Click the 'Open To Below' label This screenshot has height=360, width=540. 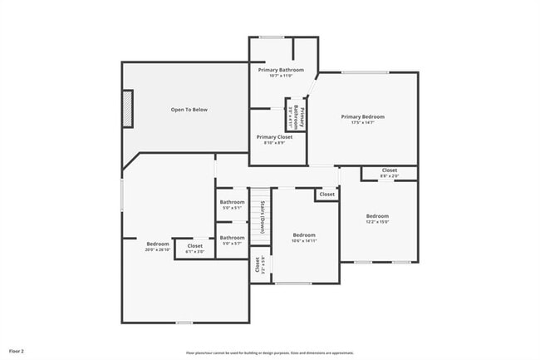point(189,110)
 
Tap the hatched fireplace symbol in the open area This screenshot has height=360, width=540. point(127,109)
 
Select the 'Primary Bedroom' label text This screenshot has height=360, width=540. point(362,116)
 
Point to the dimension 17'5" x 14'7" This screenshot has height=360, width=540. point(362,123)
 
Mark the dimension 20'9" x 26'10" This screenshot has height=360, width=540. point(158,249)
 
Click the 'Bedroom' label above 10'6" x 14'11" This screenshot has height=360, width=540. point(304,235)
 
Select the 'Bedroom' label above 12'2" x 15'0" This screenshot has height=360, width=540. point(377,216)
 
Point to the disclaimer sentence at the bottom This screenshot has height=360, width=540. point(270,352)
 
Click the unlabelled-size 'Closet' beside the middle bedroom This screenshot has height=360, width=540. point(326,195)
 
